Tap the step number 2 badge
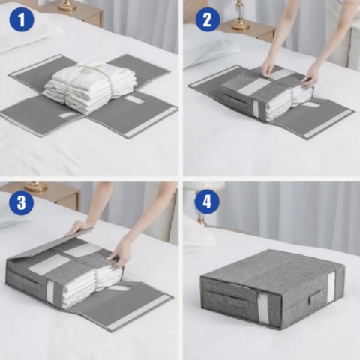point(208,19)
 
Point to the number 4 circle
point(207,201)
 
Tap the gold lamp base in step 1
point(67,6)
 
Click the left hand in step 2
point(268,68)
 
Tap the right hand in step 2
point(311,73)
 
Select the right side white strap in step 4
point(331,286)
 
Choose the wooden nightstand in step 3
point(52,196)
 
